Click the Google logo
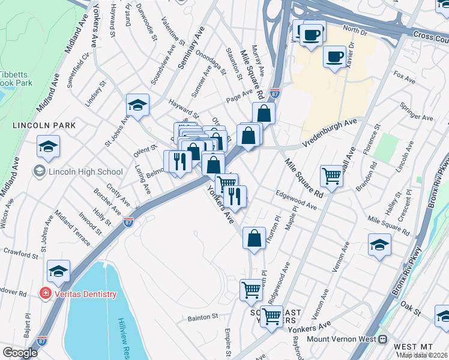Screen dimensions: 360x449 click(x=20, y=353)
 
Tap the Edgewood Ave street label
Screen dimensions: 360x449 click(x=296, y=200)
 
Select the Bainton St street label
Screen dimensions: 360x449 click(x=202, y=316)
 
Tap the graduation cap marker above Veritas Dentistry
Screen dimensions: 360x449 click(x=59, y=271)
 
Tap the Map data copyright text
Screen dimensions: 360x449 click(x=421, y=355)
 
